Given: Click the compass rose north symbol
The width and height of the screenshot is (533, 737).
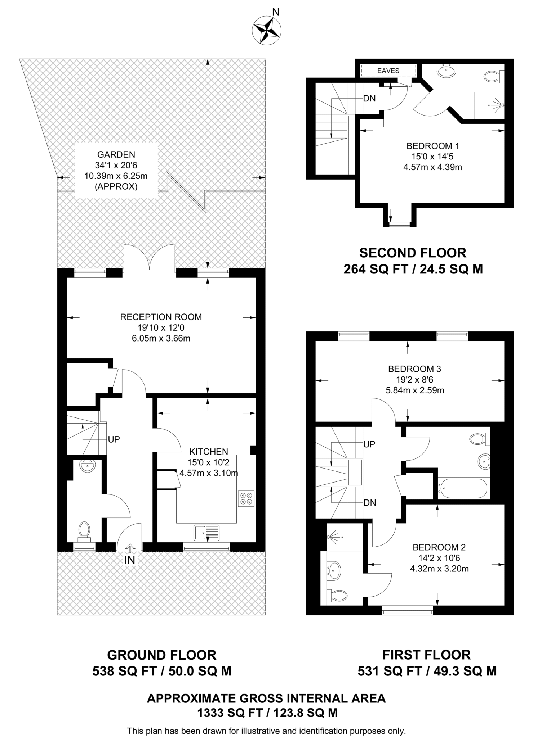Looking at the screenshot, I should [267, 31].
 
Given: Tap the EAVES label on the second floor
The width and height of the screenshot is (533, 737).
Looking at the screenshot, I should [388, 71].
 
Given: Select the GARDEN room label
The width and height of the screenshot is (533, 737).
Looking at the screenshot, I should [116, 154].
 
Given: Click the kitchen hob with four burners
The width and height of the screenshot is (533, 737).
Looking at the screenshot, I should [246, 498].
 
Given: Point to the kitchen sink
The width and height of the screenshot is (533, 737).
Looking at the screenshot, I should [206, 533].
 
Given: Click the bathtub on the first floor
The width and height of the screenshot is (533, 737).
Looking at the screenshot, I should [463, 488].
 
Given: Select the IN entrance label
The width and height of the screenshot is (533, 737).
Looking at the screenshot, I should [130, 560].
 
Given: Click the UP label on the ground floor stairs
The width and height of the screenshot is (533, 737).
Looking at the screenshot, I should [114, 439].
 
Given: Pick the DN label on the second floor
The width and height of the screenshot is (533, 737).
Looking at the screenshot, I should [369, 98].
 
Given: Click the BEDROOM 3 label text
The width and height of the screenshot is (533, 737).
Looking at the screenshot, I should [414, 369].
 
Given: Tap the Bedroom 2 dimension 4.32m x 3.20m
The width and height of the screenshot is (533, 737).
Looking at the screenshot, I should [439, 569].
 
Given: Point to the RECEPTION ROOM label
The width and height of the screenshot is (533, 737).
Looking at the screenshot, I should [161, 317].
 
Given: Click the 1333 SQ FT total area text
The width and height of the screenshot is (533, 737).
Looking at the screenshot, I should [267, 713].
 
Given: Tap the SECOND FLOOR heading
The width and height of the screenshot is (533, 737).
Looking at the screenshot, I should [413, 253].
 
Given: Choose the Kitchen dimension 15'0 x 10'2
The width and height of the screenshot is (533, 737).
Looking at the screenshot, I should [208, 462].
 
